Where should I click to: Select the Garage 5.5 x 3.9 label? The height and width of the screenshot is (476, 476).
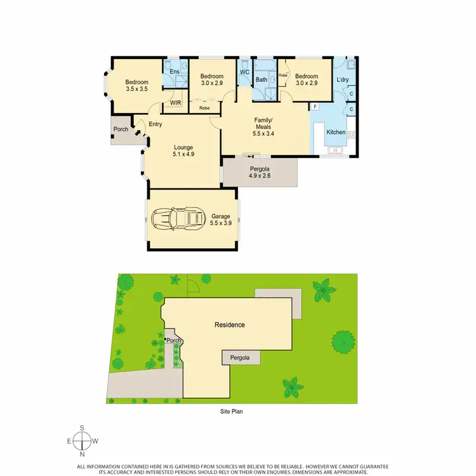click(221, 220)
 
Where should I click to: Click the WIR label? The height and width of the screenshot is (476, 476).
click(176, 102)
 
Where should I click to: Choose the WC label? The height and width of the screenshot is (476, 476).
click(244, 72)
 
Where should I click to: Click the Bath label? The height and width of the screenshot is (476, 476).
click(261, 80)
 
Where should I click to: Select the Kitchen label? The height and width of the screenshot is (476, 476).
click(336, 132)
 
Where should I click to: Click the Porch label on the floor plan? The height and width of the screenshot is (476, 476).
click(121, 129)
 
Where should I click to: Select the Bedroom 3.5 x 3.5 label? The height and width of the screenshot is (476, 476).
click(136, 85)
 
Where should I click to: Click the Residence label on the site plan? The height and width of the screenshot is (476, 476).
click(229, 325)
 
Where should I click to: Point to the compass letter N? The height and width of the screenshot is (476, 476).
click(82, 454)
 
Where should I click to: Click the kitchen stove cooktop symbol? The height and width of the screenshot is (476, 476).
click(351, 134)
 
